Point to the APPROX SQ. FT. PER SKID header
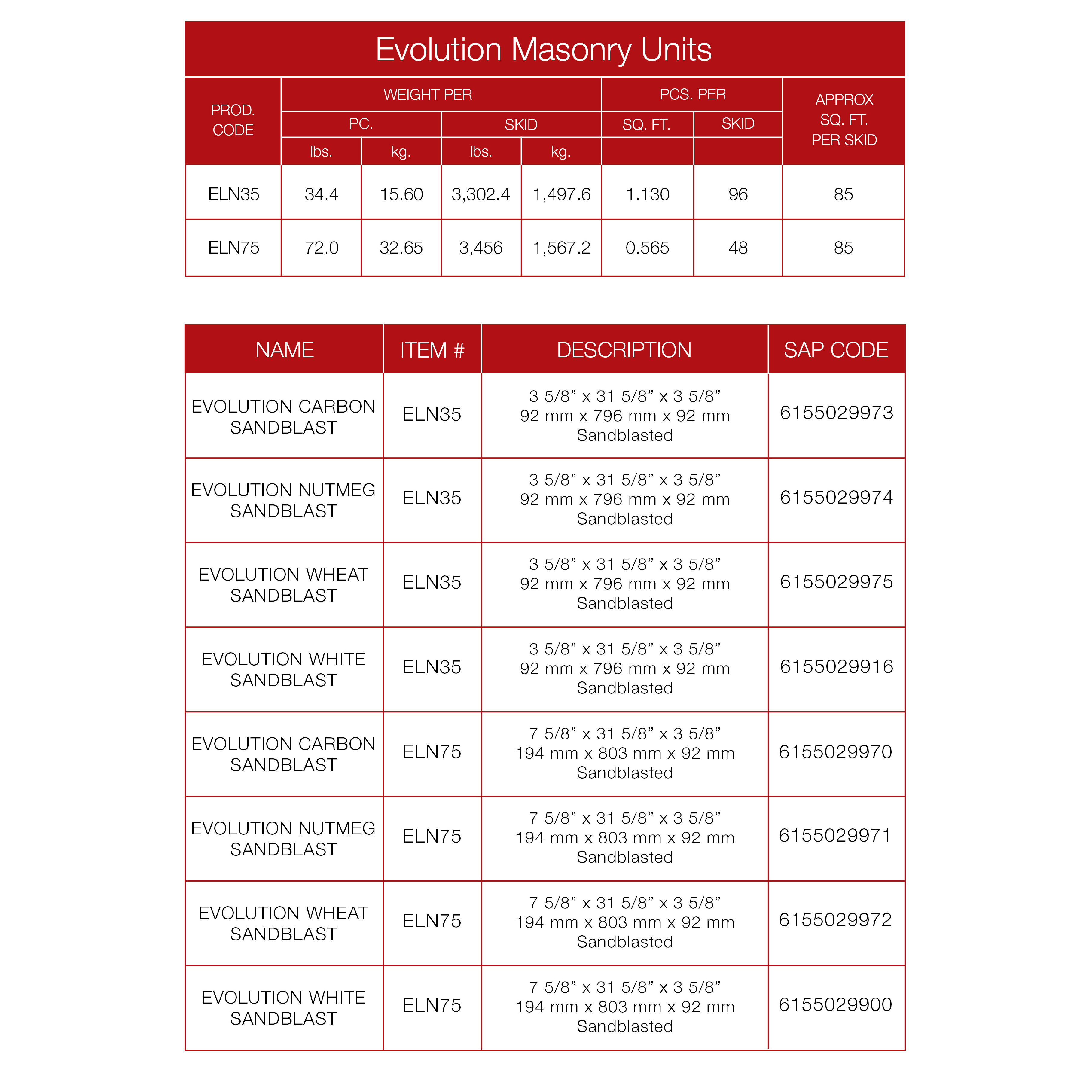844,120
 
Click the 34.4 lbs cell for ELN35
321,194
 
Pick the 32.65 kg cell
401,248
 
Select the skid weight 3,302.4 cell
480,194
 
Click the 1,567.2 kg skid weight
561,248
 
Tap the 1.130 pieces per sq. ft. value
648,194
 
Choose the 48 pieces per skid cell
738,248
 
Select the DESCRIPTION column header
624,350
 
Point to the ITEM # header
432,350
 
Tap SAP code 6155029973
836,413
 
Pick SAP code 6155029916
836,666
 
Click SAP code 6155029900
835,1004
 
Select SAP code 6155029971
835,835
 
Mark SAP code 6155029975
836,582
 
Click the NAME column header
284,350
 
